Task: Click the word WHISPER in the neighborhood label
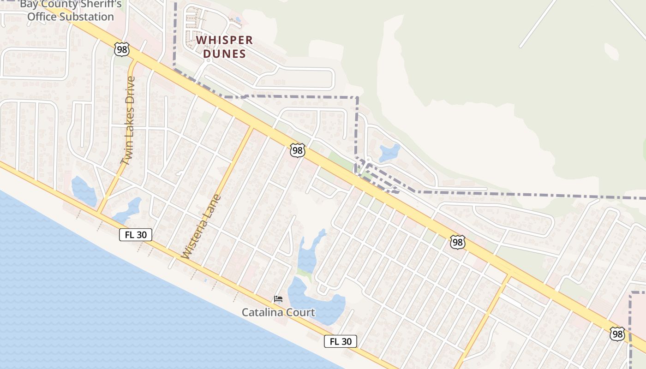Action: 225,40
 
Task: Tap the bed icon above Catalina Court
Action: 278,299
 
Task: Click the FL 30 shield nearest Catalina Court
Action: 341,341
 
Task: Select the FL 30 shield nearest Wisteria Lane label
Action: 136,235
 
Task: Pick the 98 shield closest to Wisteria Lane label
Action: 298,150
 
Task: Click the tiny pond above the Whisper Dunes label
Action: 238,19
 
